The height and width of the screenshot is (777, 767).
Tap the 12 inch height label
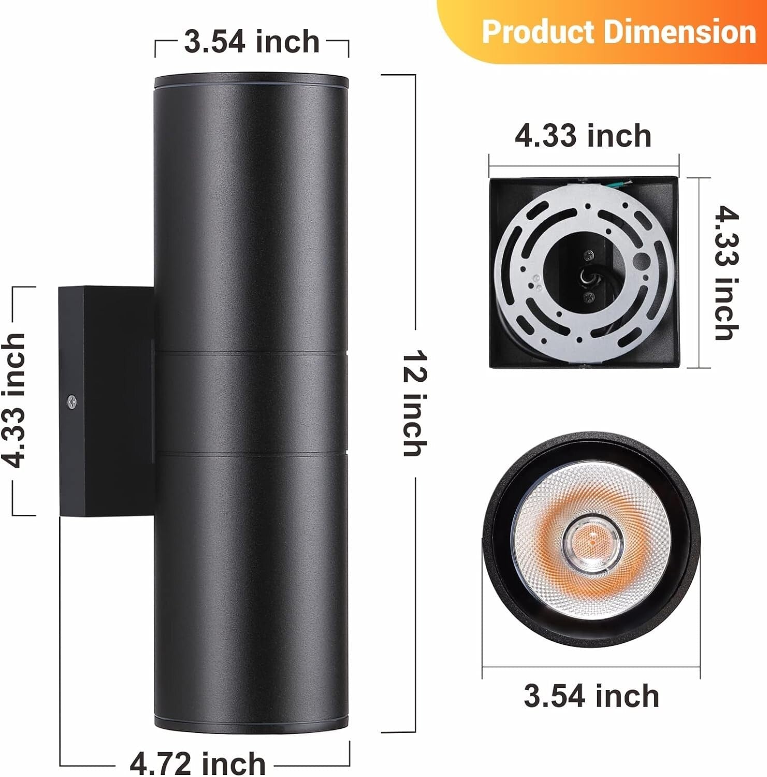pos(415,404)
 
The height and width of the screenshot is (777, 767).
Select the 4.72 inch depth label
pos(198,763)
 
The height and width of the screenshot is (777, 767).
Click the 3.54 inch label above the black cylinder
pos(252,42)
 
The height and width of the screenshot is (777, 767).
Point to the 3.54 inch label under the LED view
pos(591,696)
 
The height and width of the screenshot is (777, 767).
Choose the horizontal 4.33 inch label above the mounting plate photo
pos(583,136)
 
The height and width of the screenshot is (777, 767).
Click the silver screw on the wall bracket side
pos(72,401)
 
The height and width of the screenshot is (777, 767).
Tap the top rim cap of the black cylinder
pos(252,80)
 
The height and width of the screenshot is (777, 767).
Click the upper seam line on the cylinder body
pos(252,353)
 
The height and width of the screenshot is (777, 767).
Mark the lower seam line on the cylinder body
pos(252,454)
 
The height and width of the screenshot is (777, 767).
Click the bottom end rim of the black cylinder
pos(252,725)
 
